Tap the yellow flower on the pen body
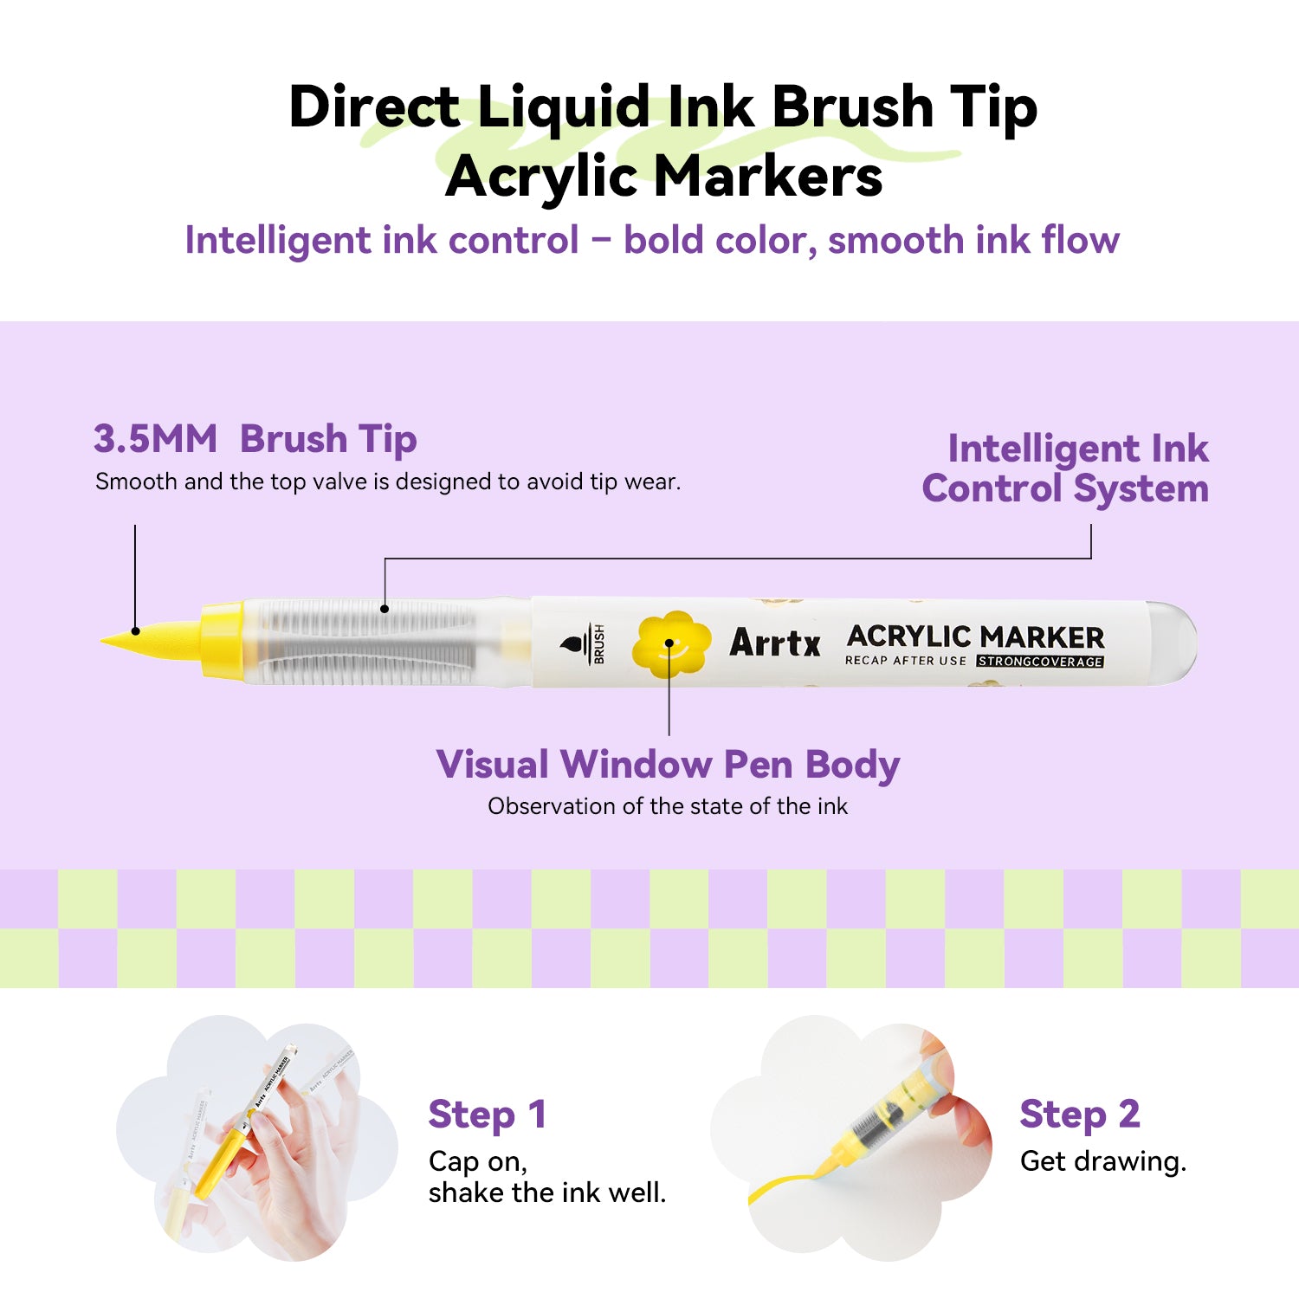pos(670,644)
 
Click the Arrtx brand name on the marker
pos(775,643)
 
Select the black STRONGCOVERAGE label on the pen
pos(1040,662)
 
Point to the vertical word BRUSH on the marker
pos(598,644)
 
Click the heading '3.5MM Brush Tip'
pos(255,439)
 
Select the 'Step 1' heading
pos(487,1115)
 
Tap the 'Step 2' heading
pos(1079,1115)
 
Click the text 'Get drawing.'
pos(1102,1161)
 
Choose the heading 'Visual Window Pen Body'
pos(668,765)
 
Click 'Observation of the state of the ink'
pos(668,806)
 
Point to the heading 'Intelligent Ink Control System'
pos(1067,469)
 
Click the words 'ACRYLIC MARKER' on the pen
pos(975,637)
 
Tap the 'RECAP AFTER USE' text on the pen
pos(905,661)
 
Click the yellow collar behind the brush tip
pos(222,641)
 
